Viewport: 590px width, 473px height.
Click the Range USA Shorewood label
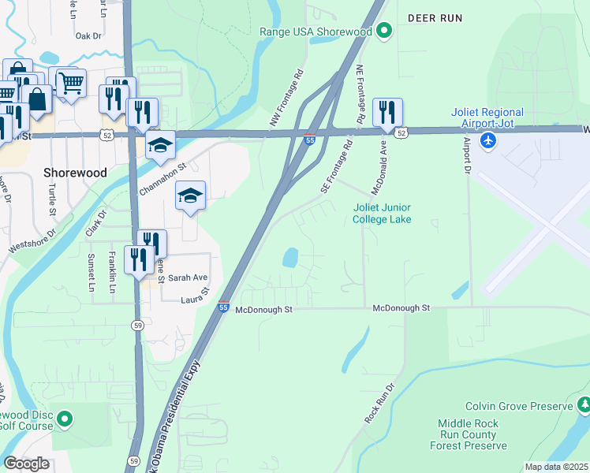pyautogui.click(x=316, y=32)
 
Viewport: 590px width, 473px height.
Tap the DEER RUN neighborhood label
pyautogui.click(x=434, y=17)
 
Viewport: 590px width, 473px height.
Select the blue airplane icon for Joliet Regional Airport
pyautogui.click(x=489, y=140)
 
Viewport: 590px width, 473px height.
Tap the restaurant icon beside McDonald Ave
pyautogui.click(x=386, y=112)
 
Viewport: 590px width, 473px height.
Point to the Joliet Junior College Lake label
pyautogui.click(x=392, y=213)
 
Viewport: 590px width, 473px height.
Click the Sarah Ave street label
pyautogui.click(x=188, y=277)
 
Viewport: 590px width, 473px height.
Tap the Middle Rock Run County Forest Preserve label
pyautogui.click(x=468, y=434)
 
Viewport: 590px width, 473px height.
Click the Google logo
pyautogui.click(x=26, y=463)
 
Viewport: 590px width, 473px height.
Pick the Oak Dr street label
pyautogui.click(x=88, y=35)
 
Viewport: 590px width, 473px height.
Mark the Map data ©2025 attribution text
pyautogui.click(x=556, y=467)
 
